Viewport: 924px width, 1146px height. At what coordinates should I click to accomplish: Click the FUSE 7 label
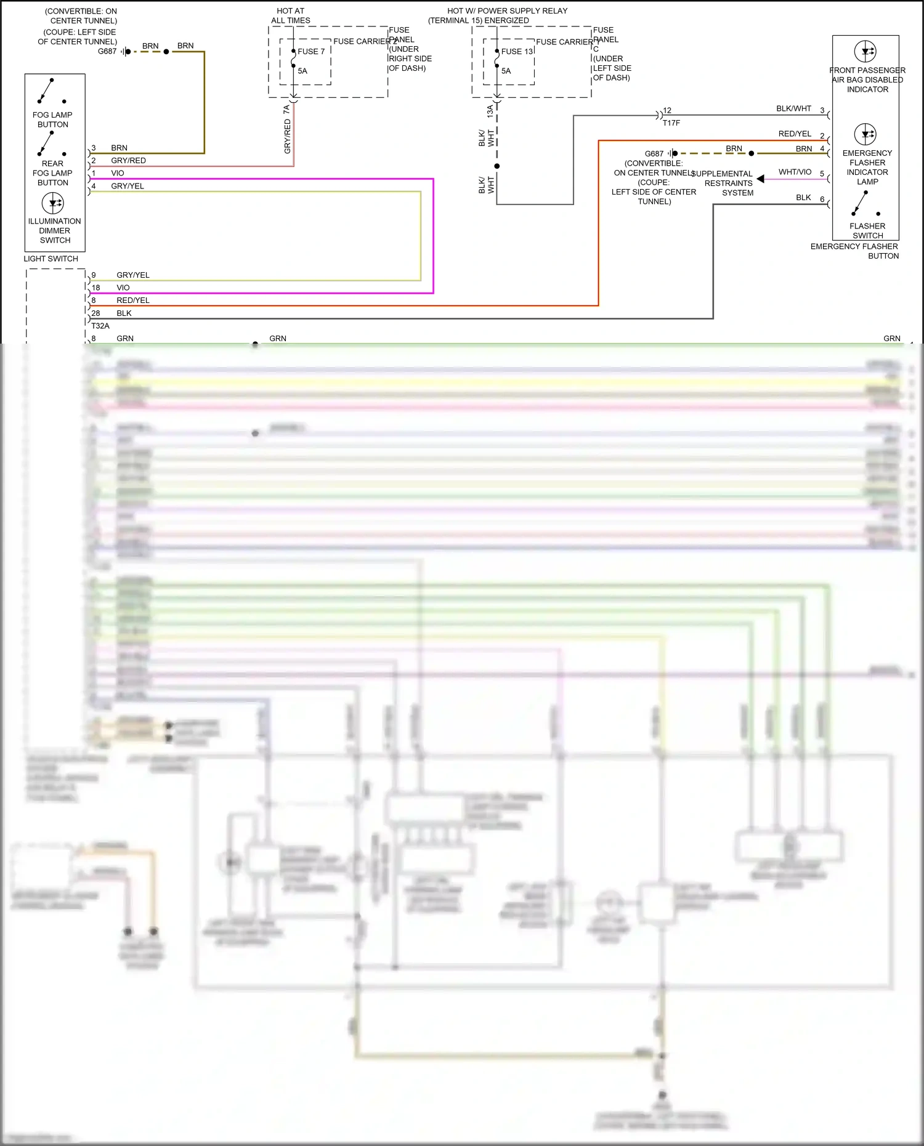(311, 52)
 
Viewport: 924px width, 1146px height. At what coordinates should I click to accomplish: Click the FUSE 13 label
(517, 52)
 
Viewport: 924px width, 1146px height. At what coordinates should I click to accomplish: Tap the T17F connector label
(671, 123)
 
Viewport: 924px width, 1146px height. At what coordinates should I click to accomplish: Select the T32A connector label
(100, 326)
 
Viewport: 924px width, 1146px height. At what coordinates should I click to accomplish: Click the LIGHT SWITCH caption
(51, 259)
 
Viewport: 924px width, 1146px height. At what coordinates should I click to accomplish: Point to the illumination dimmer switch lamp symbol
(53, 203)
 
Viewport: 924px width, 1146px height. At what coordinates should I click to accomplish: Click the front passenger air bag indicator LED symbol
(865, 51)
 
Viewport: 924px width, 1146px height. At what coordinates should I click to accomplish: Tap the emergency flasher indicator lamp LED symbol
(865, 134)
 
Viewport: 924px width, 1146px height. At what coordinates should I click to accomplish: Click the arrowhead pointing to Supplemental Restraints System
(761, 179)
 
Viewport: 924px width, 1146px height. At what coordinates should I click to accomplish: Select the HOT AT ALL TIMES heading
(291, 15)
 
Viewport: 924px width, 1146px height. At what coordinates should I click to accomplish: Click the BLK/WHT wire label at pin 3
(793, 108)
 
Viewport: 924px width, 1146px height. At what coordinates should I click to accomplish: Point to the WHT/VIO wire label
(795, 172)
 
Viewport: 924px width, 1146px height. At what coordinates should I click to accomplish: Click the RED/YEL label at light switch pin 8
(133, 301)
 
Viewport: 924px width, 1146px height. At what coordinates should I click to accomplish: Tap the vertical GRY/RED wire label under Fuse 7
(288, 136)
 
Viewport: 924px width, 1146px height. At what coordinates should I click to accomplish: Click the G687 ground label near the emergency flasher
(654, 154)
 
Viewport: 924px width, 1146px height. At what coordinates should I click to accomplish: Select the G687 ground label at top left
(107, 51)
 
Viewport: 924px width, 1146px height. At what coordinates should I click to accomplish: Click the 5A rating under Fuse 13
(506, 71)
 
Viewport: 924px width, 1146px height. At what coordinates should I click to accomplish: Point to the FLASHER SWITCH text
(867, 231)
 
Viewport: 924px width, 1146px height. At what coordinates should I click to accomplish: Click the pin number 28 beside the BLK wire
(95, 313)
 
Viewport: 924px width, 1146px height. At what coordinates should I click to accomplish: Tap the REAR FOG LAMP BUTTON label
(52, 173)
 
